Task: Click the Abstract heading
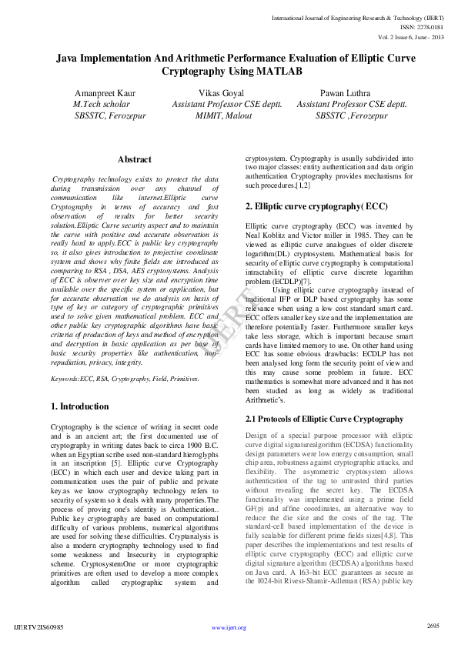135,159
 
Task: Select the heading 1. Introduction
80,406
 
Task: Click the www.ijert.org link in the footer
229,628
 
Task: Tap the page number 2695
433,626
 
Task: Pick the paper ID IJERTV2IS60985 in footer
39,628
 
